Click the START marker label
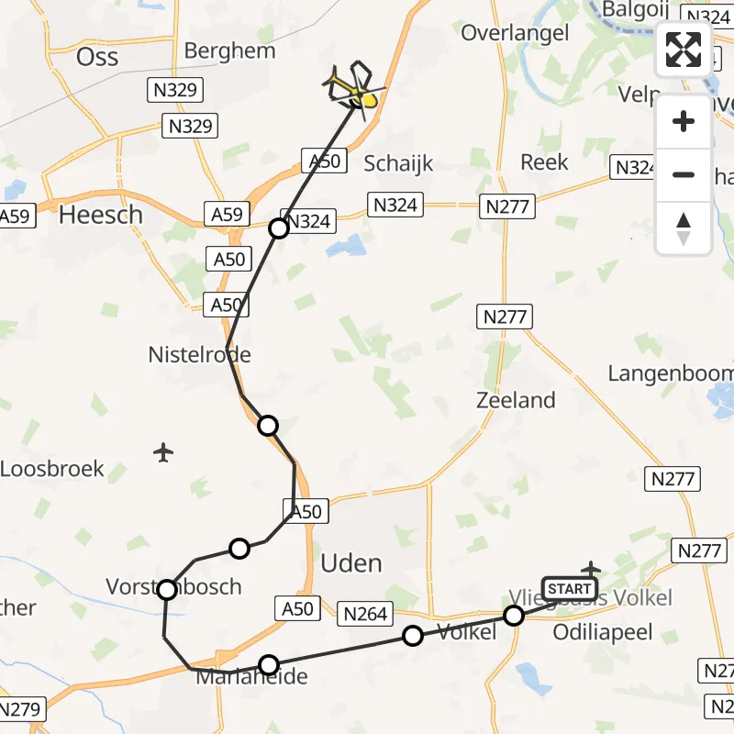click(569, 588)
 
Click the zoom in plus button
click(684, 121)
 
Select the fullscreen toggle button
click(684, 50)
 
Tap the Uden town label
click(351, 562)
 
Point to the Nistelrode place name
click(199, 354)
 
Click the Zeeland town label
click(516, 400)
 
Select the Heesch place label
click(101, 215)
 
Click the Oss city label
click(97, 56)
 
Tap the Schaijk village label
click(398, 164)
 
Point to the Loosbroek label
click(52, 469)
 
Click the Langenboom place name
click(671, 373)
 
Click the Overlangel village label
click(515, 33)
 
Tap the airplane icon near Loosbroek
click(163, 452)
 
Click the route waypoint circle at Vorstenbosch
click(167, 590)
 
